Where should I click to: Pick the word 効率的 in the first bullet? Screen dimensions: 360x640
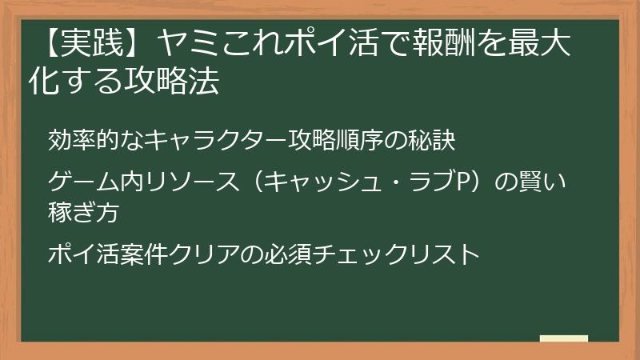point(82,141)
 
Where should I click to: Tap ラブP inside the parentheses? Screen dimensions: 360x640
point(436,183)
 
